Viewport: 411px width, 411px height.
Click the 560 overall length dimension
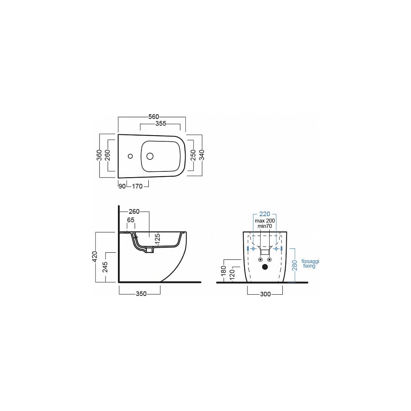(x=154, y=117)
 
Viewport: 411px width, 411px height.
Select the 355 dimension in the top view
(x=161, y=123)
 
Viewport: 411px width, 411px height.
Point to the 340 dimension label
(x=202, y=155)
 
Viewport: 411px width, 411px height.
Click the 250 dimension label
(x=193, y=155)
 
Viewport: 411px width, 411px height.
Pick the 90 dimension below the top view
(x=122, y=186)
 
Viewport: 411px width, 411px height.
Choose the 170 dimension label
(x=137, y=186)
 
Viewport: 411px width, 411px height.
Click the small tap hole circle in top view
(x=130, y=157)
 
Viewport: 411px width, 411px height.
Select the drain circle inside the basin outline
(x=150, y=157)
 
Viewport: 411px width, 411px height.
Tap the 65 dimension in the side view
(x=131, y=220)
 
